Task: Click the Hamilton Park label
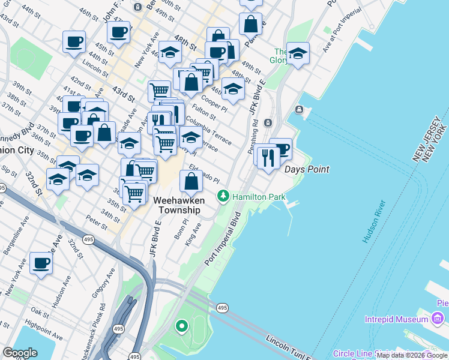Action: tap(258, 197)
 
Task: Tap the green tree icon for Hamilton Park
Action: tap(223, 196)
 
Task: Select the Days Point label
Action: tap(306, 170)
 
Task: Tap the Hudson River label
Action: tap(375, 223)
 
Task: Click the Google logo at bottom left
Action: tap(20, 353)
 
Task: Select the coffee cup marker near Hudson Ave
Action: tap(41, 263)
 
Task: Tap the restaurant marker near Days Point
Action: tap(268, 157)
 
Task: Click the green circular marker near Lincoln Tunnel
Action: tap(181, 327)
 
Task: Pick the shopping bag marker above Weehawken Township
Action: tap(190, 181)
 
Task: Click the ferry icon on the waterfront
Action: tap(299, 110)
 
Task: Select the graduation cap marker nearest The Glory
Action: tap(298, 53)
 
